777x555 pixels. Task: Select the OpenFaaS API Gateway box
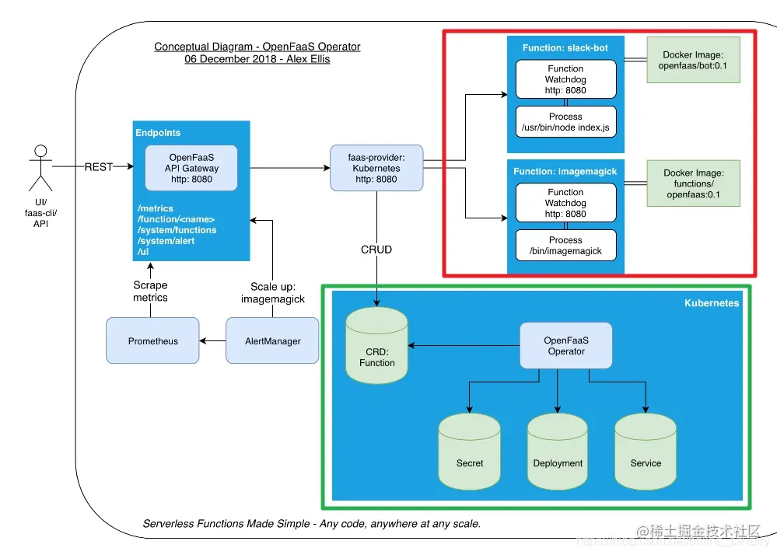pyautogui.click(x=191, y=168)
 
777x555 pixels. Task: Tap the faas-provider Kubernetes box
pyautogui.click(x=376, y=168)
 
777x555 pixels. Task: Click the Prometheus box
pyautogui.click(x=153, y=340)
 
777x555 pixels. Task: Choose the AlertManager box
pyautogui.click(x=272, y=340)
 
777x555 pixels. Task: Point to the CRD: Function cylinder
pyautogui.click(x=377, y=347)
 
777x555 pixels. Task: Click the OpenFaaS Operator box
pyautogui.click(x=565, y=346)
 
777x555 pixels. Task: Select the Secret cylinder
pyautogui.click(x=469, y=452)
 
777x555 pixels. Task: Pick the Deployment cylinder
pyautogui.click(x=558, y=452)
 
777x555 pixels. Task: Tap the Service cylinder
pyautogui.click(x=646, y=452)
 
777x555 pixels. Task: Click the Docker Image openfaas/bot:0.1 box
pyautogui.click(x=693, y=61)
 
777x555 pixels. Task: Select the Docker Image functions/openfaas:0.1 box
pyautogui.click(x=693, y=183)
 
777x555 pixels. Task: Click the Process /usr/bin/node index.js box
pyautogui.click(x=565, y=122)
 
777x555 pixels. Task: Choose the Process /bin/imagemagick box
pyautogui.click(x=565, y=246)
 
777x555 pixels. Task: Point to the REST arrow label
pyautogui.click(x=100, y=166)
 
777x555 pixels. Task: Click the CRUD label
pyautogui.click(x=376, y=250)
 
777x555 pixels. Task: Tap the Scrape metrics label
pyautogui.click(x=150, y=291)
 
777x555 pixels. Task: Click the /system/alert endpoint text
pyautogui.click(x=166, y=241)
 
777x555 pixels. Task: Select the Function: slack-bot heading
pyautogui.click(x=565, y=48)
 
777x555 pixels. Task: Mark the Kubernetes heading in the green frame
pyautogui.click(x=711, y=303)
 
